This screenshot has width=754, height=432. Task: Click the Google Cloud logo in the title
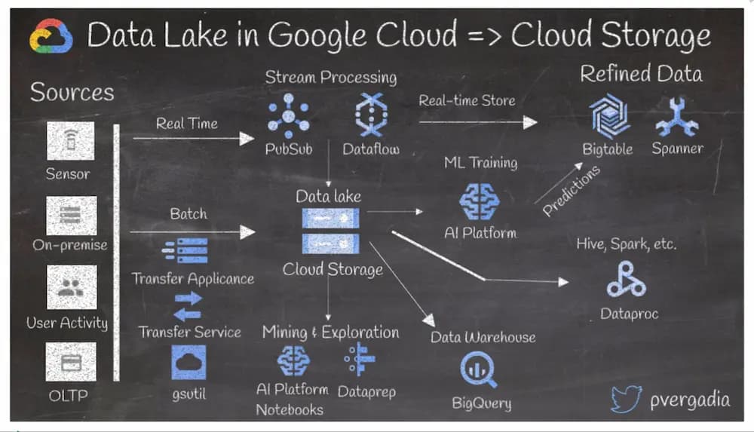pyautogui.click(x=51, y=36)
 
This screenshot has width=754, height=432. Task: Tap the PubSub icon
pyautogui.click(x=288, y=115)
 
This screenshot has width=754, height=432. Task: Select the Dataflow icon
pyautogui.click(x=370, y=115)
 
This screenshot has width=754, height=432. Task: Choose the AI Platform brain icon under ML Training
pyautogui.click(x=480, y=201)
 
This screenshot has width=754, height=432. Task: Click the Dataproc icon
pyautogui.click(x=626, y=280)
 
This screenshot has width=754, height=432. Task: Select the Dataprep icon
pyautogui.click(x=360, y=360)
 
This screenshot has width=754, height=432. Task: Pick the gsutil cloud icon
pyautogui.click(x=188, y=362)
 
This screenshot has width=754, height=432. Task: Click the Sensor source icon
pyautogui.click(x=70, y=141)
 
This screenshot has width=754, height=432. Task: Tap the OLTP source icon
pyautogui.click(x=70, y=362)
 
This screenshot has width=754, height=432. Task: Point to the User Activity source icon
pyautogui.click(x=70, y=287)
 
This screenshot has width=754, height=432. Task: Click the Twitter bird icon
pyautogui.click(x=626, y=400)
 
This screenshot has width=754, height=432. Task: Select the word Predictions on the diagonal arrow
pyautogui.click(x=572, y=191)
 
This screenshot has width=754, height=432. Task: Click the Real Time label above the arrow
pyautogui.click(x=186, y=124)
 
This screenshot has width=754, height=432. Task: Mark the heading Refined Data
pyautogui.click(x=640, y=74)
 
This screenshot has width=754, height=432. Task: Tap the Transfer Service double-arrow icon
pyautogui.click(x=188, y=305)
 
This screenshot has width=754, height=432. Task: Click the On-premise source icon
pyautogui.click(x=70, y=216)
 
